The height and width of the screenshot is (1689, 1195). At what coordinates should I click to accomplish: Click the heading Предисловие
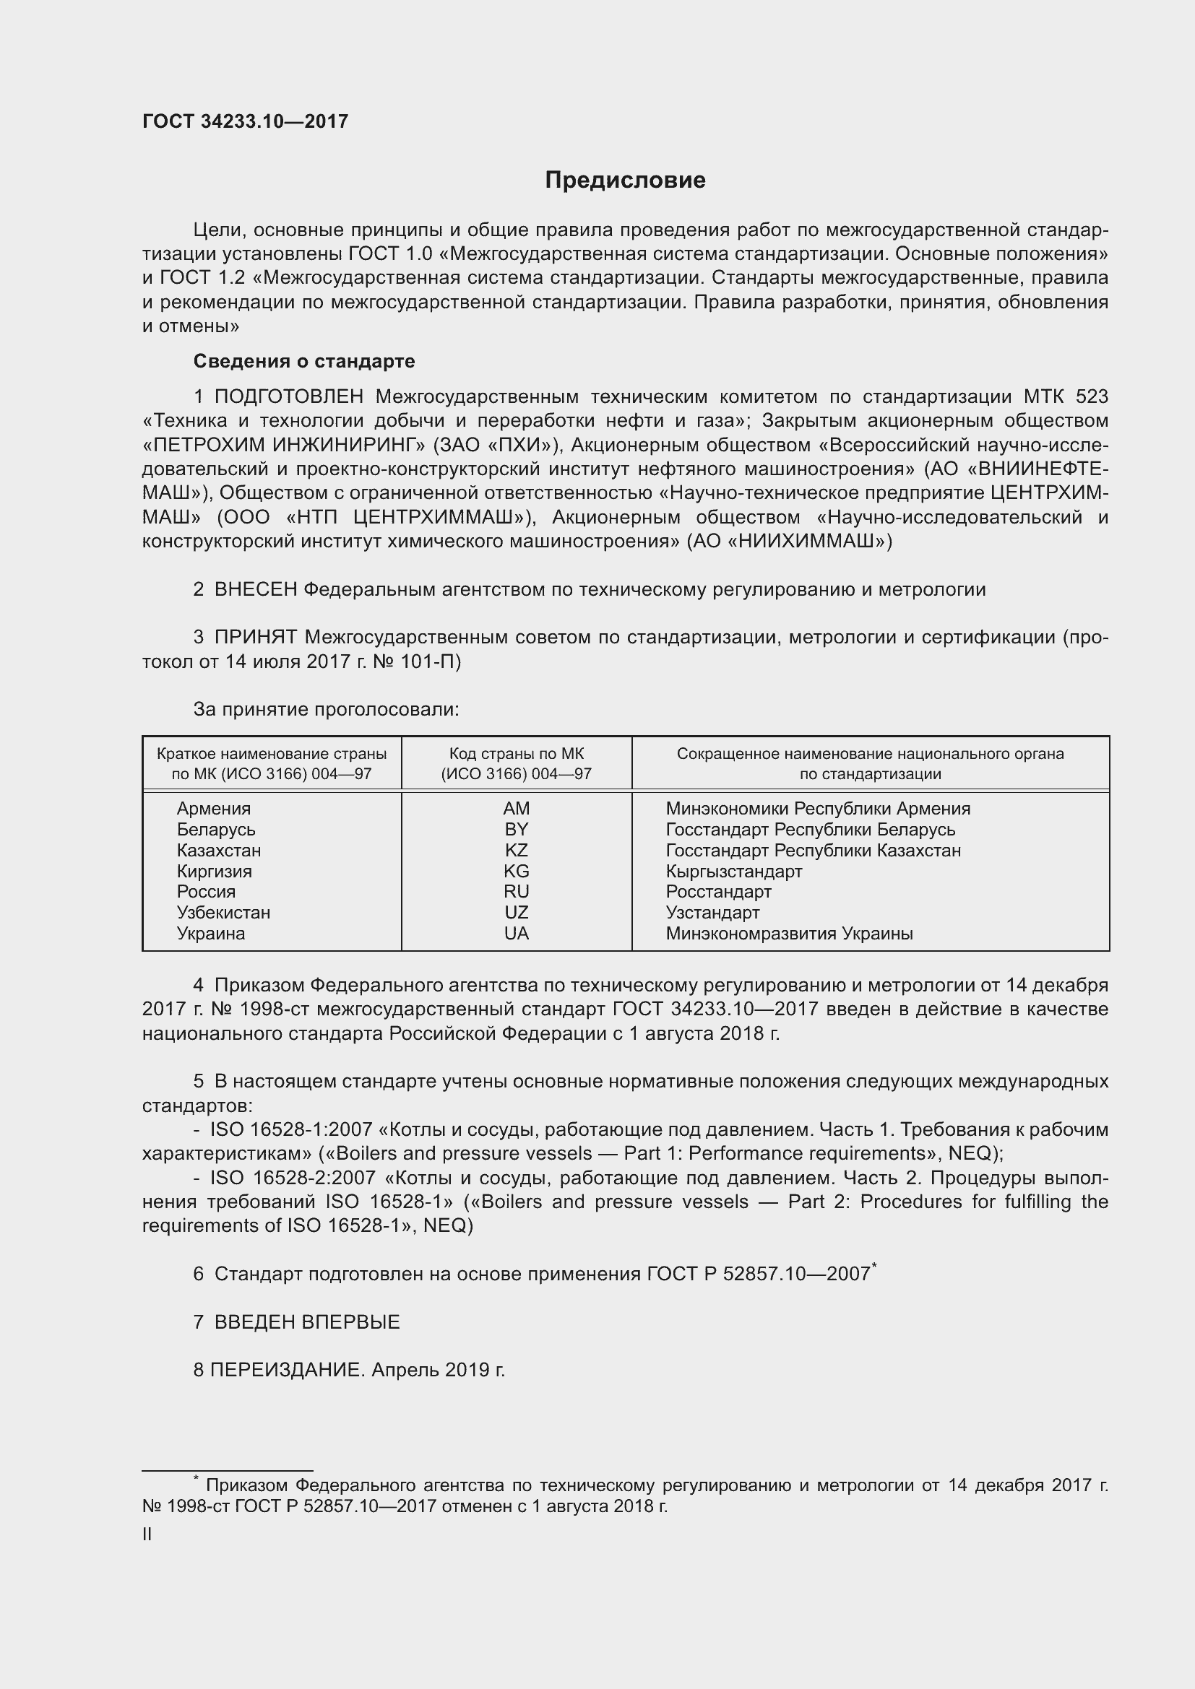coord(625,181)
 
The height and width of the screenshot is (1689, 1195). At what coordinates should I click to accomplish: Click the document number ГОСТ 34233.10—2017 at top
coord(245,121)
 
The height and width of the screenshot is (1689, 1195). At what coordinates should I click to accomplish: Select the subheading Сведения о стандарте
coord(304,361)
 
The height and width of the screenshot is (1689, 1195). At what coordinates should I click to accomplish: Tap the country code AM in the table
coord(516,809)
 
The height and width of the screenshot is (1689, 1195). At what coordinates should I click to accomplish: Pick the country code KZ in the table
coord(516,851)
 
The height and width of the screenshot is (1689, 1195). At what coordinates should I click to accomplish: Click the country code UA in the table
coord(516,934)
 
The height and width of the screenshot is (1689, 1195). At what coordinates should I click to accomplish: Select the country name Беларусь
coord(215,830)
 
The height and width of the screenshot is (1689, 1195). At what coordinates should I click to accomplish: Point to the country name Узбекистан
coord(223,913)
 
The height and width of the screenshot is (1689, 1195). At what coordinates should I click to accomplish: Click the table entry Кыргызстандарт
coord(733,872)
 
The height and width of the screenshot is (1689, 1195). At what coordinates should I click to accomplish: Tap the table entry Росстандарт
coord(718,892)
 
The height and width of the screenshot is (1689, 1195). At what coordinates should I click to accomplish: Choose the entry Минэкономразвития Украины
coord(789,934)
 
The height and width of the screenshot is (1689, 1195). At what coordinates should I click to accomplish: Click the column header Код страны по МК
coord(516,754)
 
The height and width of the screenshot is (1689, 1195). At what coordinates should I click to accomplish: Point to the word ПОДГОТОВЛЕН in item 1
coord(288,397)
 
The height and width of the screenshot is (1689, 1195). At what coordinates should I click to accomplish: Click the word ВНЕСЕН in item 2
coord(255,589)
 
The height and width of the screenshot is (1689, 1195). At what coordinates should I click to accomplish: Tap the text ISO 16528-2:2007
coord(293,1178)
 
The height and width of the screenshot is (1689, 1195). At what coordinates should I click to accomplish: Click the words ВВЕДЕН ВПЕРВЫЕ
coord(307,1322)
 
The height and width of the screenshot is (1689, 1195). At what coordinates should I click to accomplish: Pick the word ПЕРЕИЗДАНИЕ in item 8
coord(287,1370)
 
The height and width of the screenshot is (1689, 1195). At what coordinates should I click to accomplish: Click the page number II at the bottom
coord(147,1534)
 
